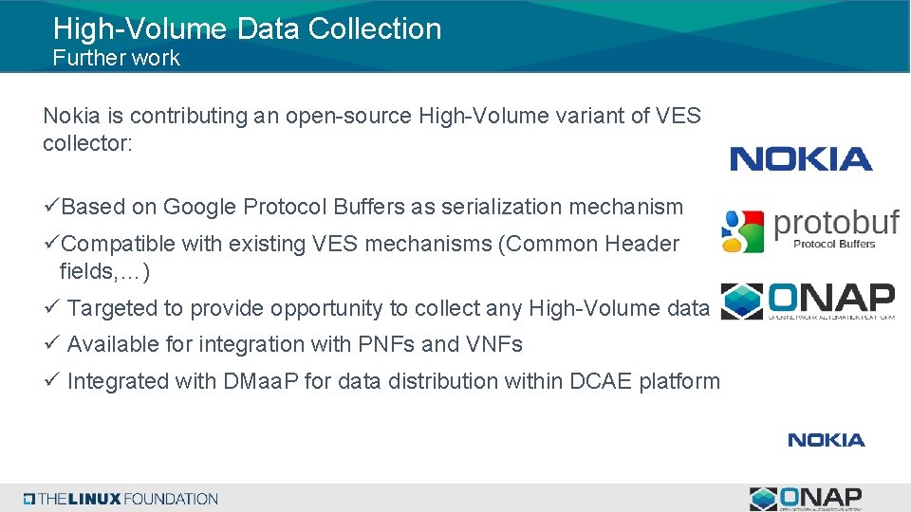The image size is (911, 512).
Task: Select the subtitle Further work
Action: pyautogui.click(x=116, y=58)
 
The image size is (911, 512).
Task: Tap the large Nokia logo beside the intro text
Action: pyautogui.click(x=801, y=159)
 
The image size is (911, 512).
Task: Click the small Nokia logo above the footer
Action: pyautogui.click(x=826, y=440)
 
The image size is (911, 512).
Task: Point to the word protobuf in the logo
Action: pyautogui.click(x=836, y=224)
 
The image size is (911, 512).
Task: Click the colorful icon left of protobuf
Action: pyautogui.click(x=742, y=231)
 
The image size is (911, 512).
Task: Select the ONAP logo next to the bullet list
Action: pyautogui.click(x=808, y=302)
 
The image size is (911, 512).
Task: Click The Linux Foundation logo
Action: pyautogui.click(x=121, y=499)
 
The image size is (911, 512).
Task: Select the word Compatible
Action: pyautogui.click(x=119, y=244)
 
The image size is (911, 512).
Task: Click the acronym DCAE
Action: pyautogui.click(x=602, y=381)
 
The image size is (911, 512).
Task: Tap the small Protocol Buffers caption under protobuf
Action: pyautogui.click(x=833, y=245)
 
